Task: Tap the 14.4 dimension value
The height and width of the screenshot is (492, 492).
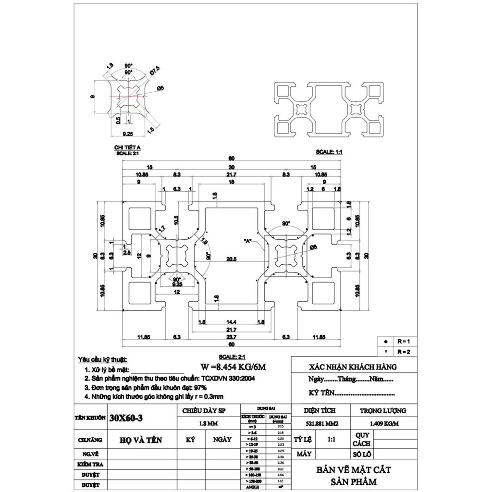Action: click(x=232, y=321)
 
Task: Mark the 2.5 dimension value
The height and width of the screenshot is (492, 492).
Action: click(x=126, y=252)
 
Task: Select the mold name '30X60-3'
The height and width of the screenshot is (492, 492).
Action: click(x=126, y=418)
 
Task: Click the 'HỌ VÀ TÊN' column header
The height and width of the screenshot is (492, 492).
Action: click(x=141, y=439)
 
